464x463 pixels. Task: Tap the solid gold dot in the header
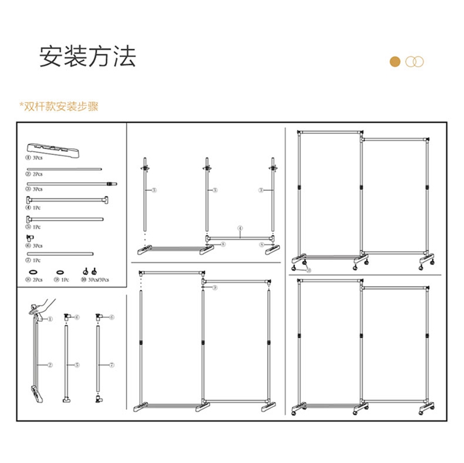[395, 61]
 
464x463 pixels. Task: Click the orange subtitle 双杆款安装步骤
[61, 107]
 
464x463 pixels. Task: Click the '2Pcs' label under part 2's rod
[37, 175]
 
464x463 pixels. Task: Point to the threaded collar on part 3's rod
[111, 184]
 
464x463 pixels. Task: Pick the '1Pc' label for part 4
[37, 208]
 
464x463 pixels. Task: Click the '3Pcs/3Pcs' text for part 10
[99, 280]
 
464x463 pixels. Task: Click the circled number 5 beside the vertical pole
[77, 366]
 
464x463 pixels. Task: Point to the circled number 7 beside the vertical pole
[111, 366]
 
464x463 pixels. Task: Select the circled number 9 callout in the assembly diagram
[215, 288]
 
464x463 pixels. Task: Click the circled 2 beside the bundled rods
[50, 366]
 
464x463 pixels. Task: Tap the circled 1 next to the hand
[50, 319]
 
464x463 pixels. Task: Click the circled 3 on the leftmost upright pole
[155, 191]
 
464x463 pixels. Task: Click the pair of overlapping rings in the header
[415, 61]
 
